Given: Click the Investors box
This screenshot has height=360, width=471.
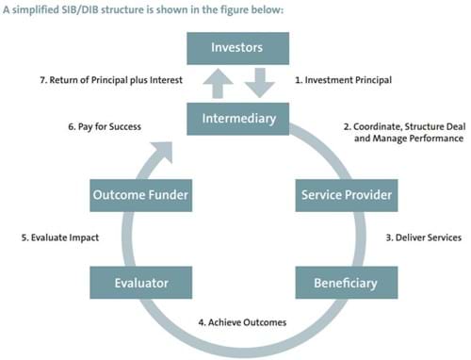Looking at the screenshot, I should [235, 47].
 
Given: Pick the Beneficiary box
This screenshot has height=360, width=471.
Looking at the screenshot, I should [346, 282].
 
